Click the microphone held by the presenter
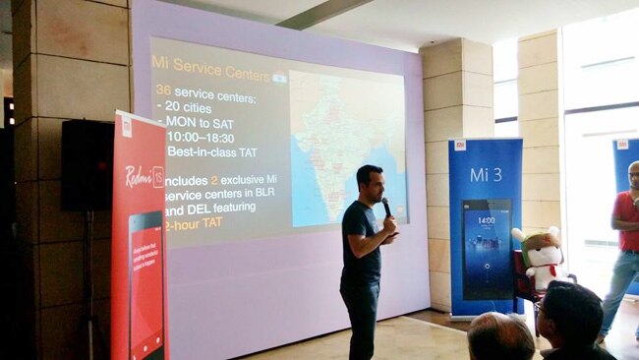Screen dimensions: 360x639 tap(386, 206)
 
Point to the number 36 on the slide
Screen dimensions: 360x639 tap(163, 90)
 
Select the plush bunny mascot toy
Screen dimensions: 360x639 tap(539, 257)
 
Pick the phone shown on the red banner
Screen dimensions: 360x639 tap(145, 285)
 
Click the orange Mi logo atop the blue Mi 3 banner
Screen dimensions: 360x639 tap(459, 145)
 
